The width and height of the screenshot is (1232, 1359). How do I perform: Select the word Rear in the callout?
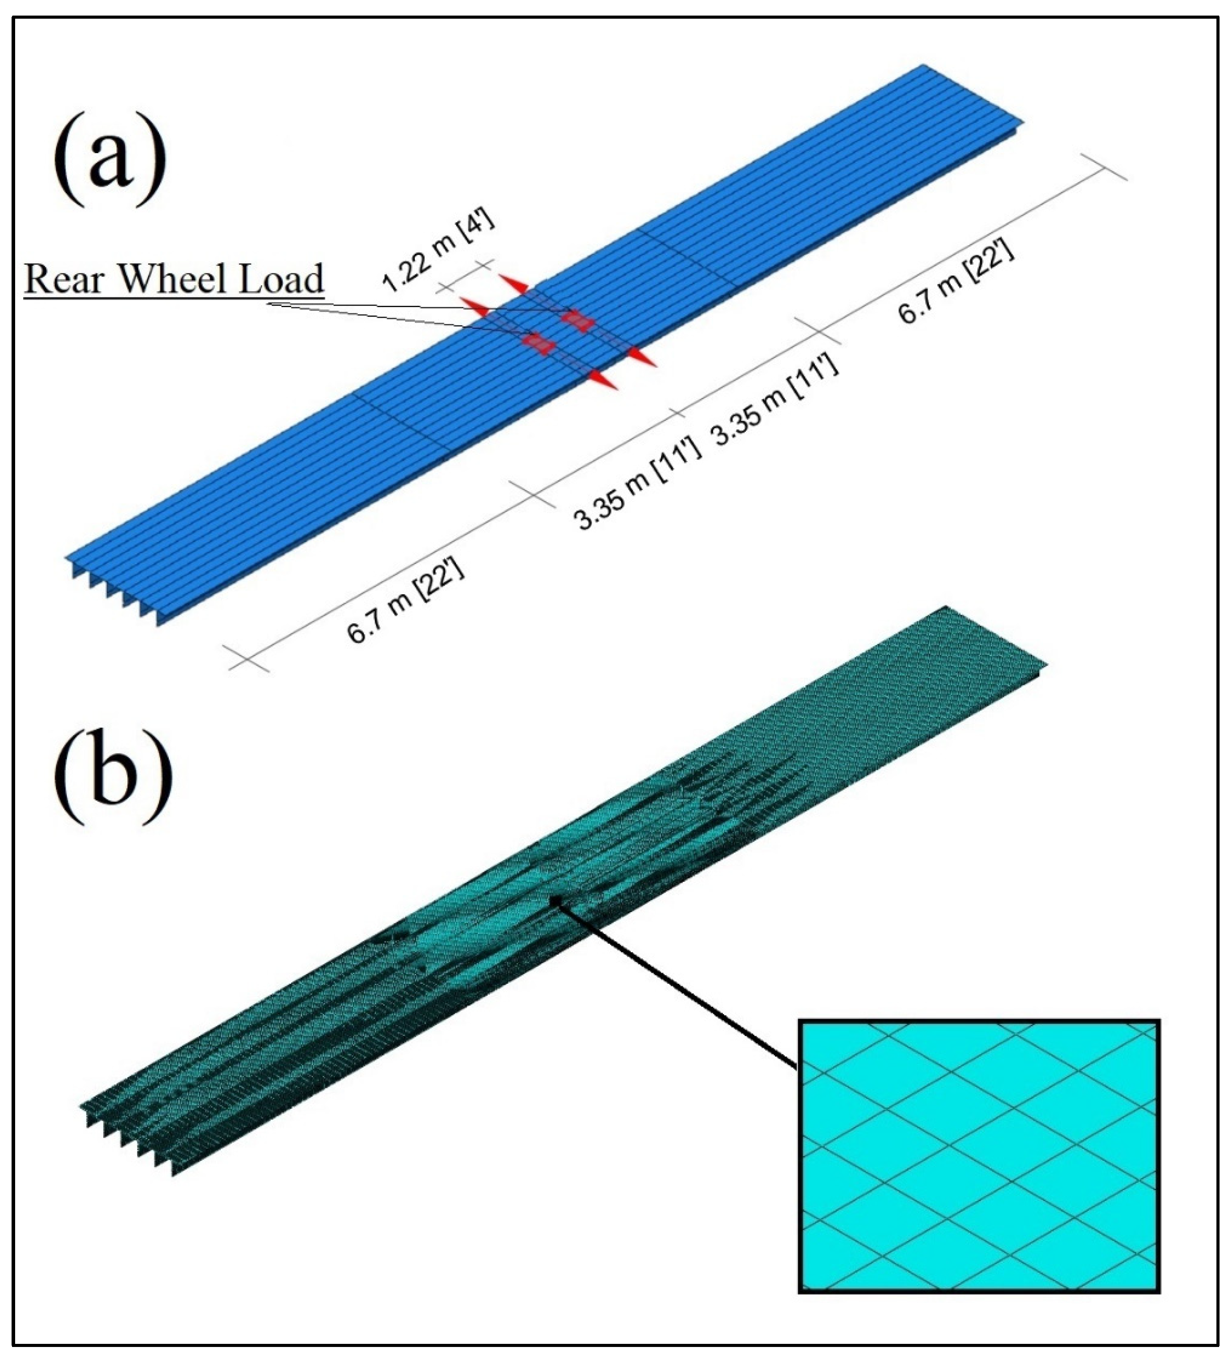coord(65,278)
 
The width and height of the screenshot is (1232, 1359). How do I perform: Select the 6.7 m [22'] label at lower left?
coord(406,602)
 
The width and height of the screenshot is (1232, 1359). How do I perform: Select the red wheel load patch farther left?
coord(539,342)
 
